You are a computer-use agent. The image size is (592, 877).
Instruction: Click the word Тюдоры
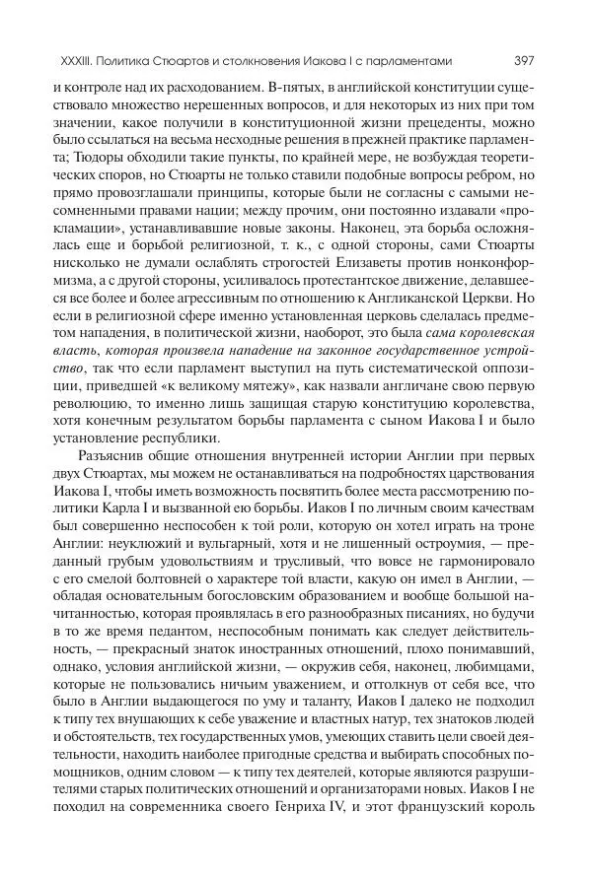click(x=92, y=162)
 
